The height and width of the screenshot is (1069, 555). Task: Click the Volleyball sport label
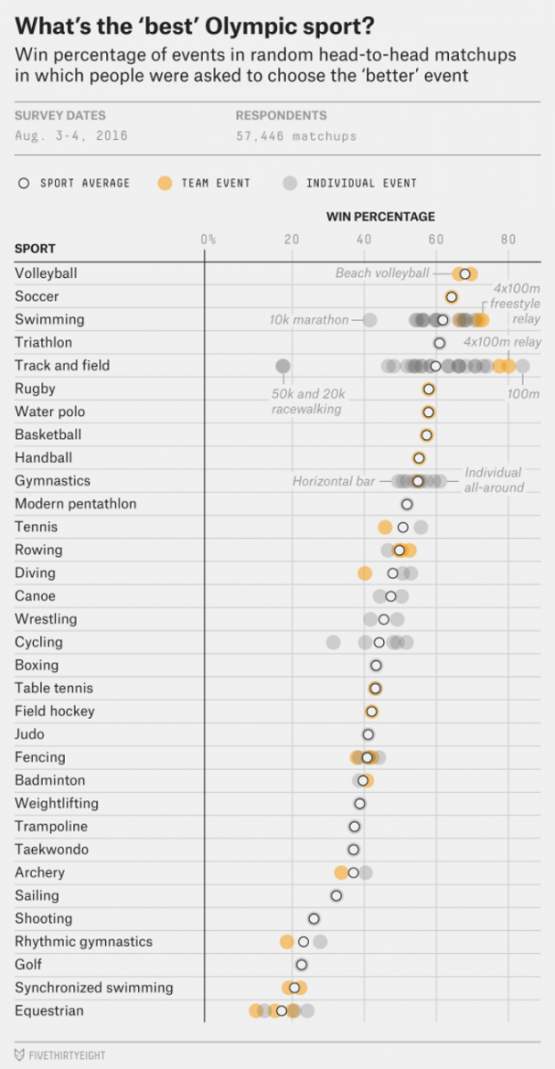click(x=46, y=273)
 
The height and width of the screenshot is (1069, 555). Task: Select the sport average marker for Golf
click(x=301, y=965)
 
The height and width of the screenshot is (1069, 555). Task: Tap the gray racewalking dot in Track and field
click(x=282, y=365)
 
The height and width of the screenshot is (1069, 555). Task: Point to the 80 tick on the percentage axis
click(x=508, y=239)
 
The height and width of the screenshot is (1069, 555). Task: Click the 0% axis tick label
click(x=208, y=239)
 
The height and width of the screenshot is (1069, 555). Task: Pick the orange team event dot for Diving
click(x=364, y=573)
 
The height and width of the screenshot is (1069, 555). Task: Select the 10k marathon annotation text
click(x=308, y=320)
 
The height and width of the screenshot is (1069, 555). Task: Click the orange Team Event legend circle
click(x=164, y=184)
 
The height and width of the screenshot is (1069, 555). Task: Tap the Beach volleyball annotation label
click(x=381, y=273)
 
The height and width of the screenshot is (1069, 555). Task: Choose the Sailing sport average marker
click(x=336, y=896)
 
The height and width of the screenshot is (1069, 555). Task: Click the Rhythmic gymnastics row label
click(x=84, y=942)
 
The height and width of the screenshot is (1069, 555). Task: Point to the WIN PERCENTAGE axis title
click(x=380, y=216)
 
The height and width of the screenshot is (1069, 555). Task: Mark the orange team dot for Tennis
click(x=385, y=527)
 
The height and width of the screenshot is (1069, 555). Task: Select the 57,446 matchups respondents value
click(x=296, y=136)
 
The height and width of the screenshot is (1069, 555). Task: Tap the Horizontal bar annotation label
click(x=333, y=481)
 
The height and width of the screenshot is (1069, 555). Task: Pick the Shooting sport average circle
click(x=314, y=918)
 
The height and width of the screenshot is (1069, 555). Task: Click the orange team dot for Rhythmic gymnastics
click(x=286, y=942)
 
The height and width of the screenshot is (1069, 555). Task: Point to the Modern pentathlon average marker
click(x=407, y=504)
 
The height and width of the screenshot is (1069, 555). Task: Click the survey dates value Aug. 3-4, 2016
click(x=71, y=136)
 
